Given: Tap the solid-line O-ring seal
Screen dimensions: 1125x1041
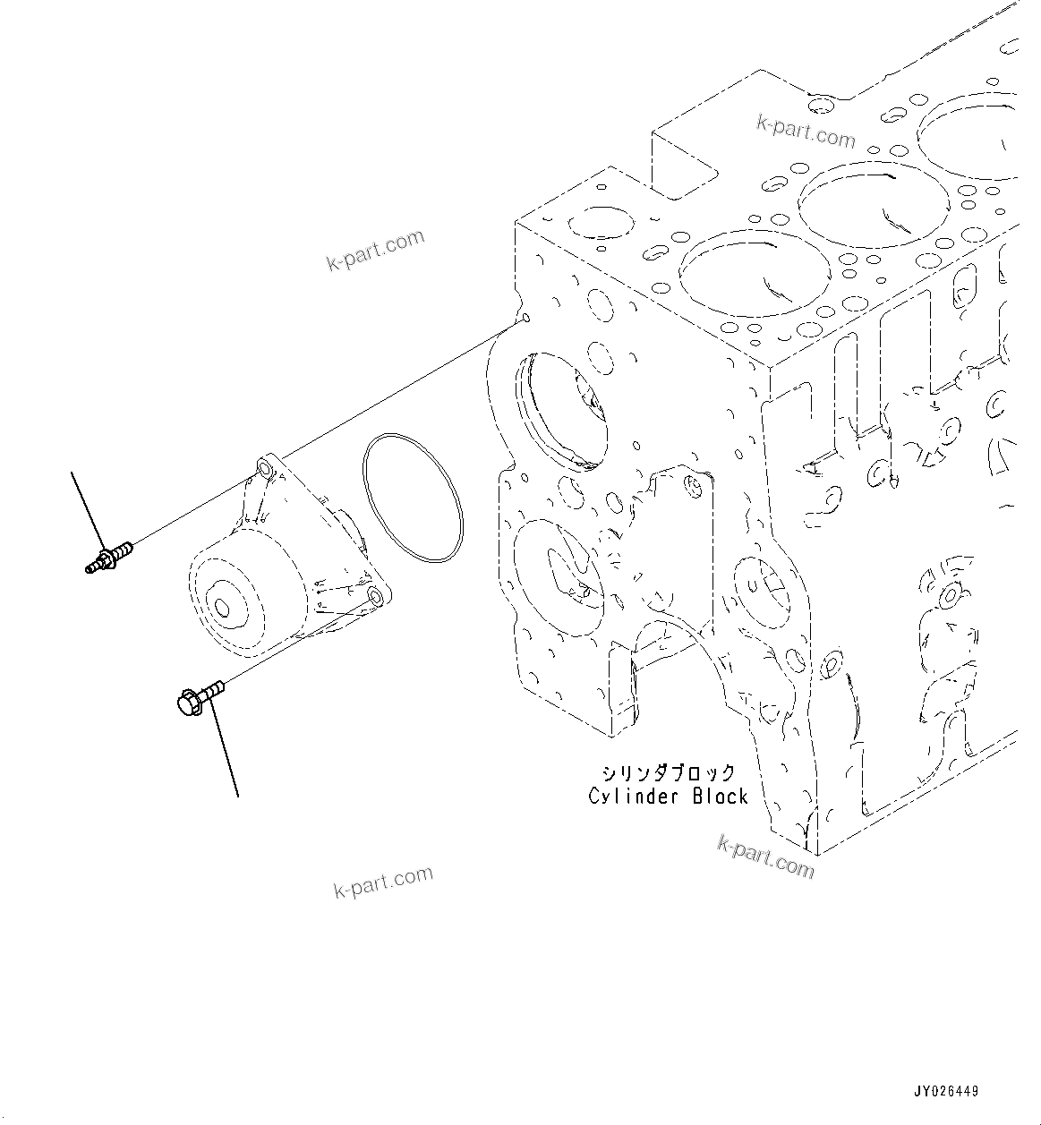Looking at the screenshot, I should click(x=413, y=498).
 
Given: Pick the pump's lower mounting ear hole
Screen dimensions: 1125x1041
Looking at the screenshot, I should click(x=375, y=597).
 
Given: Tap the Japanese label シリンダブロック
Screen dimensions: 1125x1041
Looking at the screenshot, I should click(x=669, y=772).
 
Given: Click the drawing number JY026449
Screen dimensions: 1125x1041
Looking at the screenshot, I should click(x=946, y=1091).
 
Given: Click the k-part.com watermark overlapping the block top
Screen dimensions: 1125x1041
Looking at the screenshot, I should click(x=806, y=132).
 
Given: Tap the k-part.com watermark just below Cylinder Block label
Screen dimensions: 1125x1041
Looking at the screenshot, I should click(x=765, y=857).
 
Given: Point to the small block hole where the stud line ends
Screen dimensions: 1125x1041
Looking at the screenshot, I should click(x=525, y=318).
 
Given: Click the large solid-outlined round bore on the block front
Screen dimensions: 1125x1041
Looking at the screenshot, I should click(x=561, y=408).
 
